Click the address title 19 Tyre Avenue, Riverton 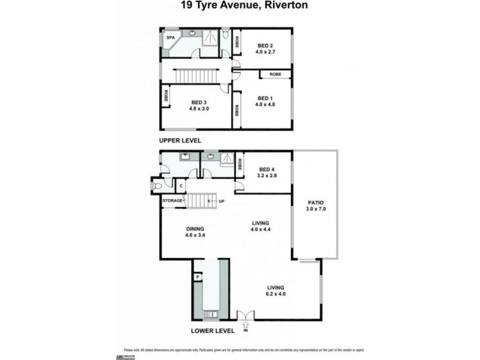click(239, 7)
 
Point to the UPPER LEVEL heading click(180, 140)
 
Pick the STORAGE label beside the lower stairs click(172, 201)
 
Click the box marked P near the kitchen click(197, 277)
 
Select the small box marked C click(180, 186)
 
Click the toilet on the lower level click(157, 186)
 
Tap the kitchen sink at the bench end click(210, 313)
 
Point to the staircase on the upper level click(195, 76)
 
